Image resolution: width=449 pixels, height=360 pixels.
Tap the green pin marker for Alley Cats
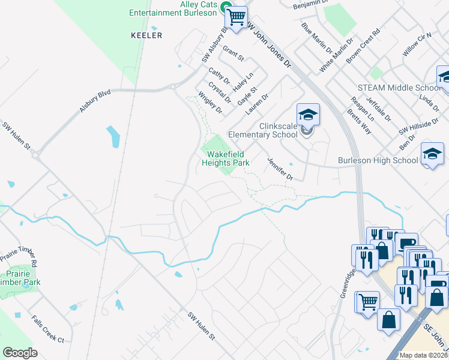226,8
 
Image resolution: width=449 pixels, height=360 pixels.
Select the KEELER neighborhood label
146,35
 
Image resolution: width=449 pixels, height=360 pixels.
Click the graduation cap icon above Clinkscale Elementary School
308,114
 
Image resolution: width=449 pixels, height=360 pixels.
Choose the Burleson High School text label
378,160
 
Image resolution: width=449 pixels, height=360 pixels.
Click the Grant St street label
233,53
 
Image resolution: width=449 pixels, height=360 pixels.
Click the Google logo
20,353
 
